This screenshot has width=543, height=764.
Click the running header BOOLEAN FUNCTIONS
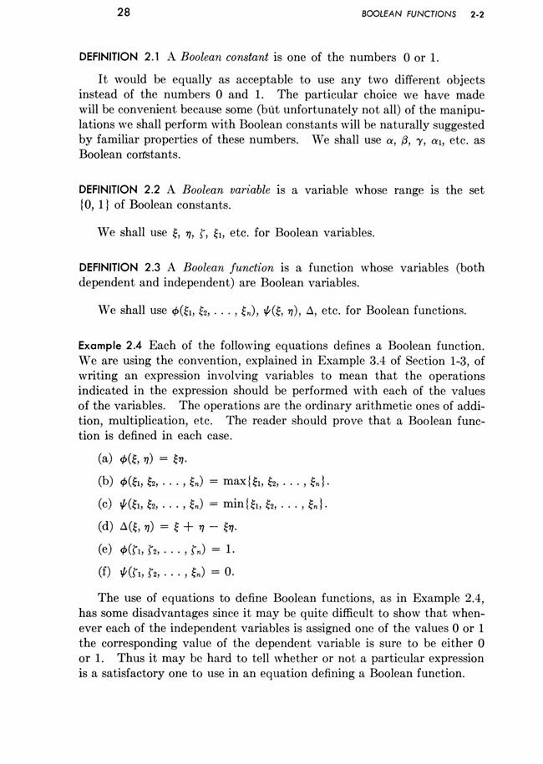pyautogui.click(x=414, y=14)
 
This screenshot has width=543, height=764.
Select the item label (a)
pyautogui.click(x=108, y=460)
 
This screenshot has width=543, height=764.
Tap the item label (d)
pyautogui.click(x=108, y=528)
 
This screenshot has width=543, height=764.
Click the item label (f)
pyautogui.click(x=108, y=573)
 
